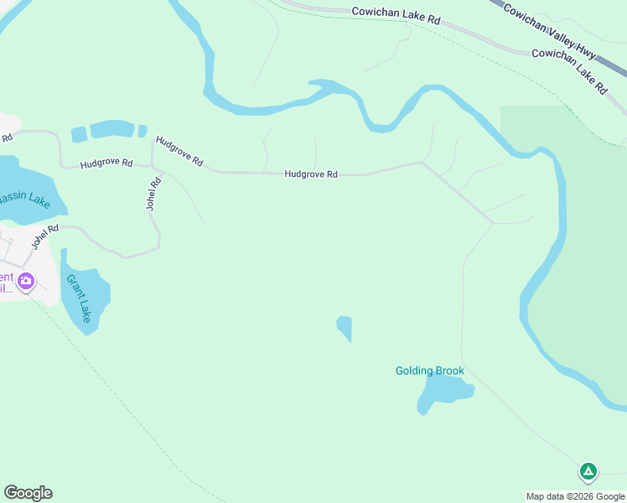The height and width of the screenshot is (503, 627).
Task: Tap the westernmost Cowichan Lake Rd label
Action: click(396, 14)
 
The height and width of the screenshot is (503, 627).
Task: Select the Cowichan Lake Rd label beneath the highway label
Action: click(571, 68)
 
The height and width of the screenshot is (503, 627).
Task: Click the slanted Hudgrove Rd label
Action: click(179, 150)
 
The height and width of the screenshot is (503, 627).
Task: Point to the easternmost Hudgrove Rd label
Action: click(310, 174)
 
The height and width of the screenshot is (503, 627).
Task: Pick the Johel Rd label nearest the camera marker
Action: click(45, 236)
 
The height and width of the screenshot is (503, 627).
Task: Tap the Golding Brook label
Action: click(429, 371)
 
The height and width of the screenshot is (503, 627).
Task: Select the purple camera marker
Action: click(25, 281)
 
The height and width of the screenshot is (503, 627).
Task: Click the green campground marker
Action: click(588, 472)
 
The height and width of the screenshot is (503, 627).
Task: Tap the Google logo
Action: click(28, 493)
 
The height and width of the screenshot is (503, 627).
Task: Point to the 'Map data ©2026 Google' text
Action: click(575, 496)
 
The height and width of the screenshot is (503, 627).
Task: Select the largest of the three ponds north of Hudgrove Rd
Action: click(111, 129)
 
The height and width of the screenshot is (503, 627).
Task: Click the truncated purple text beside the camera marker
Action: click(7, 283)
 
